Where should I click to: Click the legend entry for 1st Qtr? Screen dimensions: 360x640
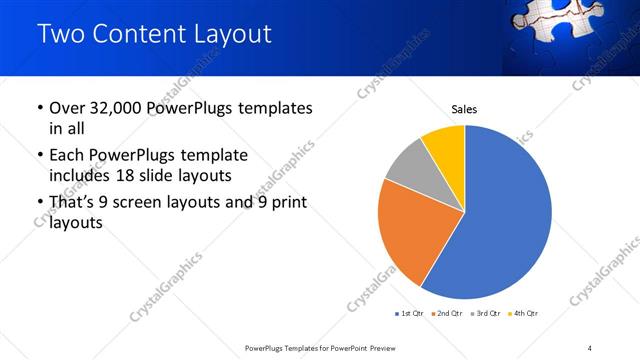(x=409, y=314)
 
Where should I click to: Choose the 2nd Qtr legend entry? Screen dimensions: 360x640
(x=446, y=314)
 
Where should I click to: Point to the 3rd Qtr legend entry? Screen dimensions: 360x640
(x=484, y=314)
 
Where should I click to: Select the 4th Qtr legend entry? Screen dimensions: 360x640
(x=522, y=314)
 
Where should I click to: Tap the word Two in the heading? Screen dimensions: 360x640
(x=60, y=33)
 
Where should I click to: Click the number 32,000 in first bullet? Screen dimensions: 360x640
(x=114, y=108)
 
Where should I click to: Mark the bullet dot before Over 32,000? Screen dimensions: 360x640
(x=40, y=108)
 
